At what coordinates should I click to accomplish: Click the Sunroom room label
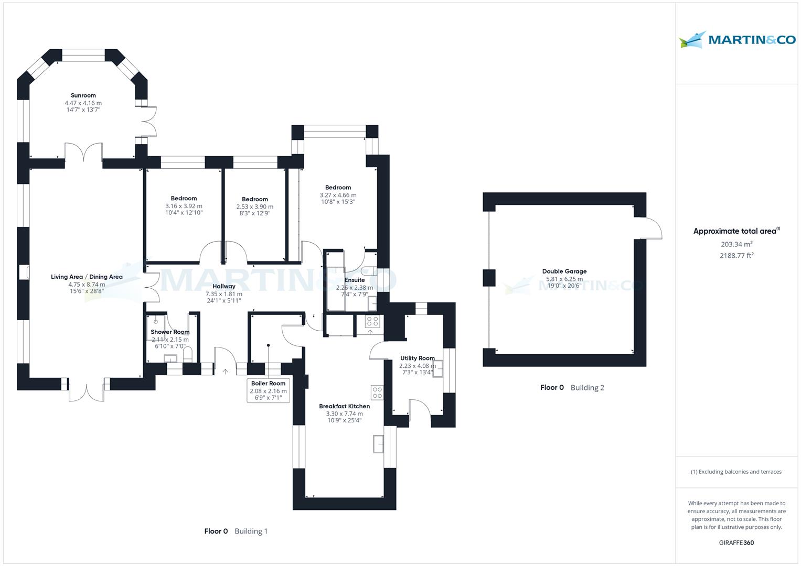pos(83,95)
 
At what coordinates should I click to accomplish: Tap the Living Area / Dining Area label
pos(87,277)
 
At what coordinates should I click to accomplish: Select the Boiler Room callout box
pos(268,390)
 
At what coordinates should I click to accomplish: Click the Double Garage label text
pos(564,271)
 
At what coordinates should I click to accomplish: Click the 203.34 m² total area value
pos(736,244)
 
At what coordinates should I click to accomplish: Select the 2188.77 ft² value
pos(736,256)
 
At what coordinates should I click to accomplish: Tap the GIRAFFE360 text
pos(736,543)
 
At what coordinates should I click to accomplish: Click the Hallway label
pos(224,287)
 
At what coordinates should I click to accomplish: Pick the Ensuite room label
pos(355,280)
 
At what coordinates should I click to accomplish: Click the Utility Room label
pos(418,358)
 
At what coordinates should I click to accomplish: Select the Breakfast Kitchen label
pos(344,406)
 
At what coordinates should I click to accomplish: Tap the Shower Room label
pos(170,332)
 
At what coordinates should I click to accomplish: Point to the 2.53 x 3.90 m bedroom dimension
pos(255,206)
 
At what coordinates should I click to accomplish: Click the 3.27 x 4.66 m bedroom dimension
pos(338,195)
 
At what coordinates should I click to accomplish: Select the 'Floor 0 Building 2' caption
pos(572,388)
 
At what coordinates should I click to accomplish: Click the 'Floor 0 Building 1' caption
pos(236,531)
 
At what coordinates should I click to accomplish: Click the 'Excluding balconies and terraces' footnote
pos(736,472)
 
